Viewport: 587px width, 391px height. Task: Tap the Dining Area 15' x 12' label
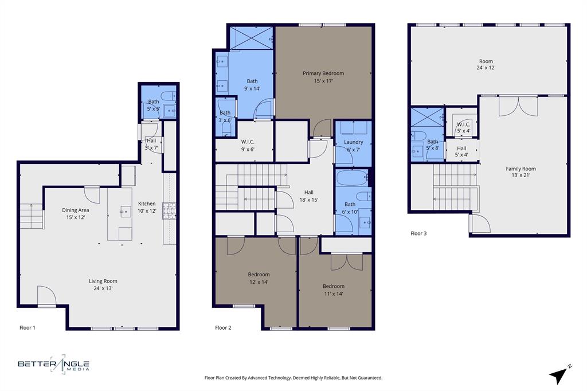point(76,214)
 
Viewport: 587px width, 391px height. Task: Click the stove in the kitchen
point(169,211)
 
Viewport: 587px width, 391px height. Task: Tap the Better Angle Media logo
point(53,364)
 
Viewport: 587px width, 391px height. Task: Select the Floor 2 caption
point(223,328)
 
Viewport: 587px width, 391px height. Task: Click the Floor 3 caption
point(418,233)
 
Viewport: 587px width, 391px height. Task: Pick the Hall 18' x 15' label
point(308,196)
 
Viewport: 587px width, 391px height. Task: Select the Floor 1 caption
point(28,328)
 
